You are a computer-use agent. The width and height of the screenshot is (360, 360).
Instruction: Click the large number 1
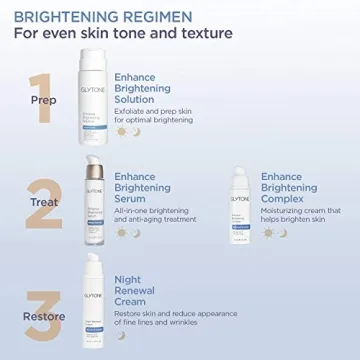tap(41, 97)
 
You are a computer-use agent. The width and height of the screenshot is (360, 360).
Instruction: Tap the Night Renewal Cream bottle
tap(91, 302)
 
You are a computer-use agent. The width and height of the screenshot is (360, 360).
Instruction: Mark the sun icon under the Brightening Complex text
tap(267, 233)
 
